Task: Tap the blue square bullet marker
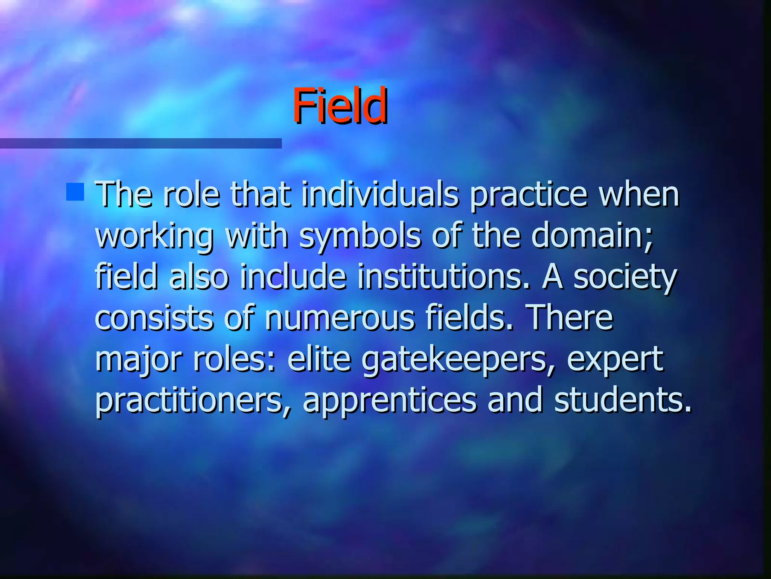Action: click(x=75, y=191)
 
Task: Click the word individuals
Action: click(x=380, y=195)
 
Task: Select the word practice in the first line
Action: click(x=529, y=195)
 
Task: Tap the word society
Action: click(x=625, y=278)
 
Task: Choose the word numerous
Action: click(x=340, y=319)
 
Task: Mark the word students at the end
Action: click(x=623, y=400)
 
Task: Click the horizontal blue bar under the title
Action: click(x=140, y=143)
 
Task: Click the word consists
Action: click(x=154, y=319)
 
